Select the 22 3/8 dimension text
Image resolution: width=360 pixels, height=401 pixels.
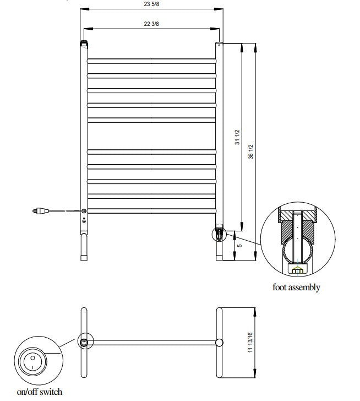click(x=151, y=24)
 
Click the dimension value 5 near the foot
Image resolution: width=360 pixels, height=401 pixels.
click(x=238, y=245)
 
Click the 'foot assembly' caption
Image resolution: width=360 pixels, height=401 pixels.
click(x=296, y=287)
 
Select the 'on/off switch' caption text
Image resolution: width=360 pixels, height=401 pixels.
click(x=40, y=392)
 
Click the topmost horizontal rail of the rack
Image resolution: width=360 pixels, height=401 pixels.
click(x=151, y=59)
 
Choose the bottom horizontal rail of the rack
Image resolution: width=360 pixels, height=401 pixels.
click(x=151, y=210)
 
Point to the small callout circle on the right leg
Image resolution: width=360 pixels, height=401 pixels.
click(x=219, y=234)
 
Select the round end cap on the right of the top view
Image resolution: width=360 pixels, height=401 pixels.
click(x=219, y=342)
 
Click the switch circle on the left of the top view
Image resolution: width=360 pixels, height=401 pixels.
click(x=84, y=342)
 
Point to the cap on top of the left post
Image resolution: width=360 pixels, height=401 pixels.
click(x=84, y=42)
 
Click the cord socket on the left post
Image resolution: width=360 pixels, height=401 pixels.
click(x=84, y=210)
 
